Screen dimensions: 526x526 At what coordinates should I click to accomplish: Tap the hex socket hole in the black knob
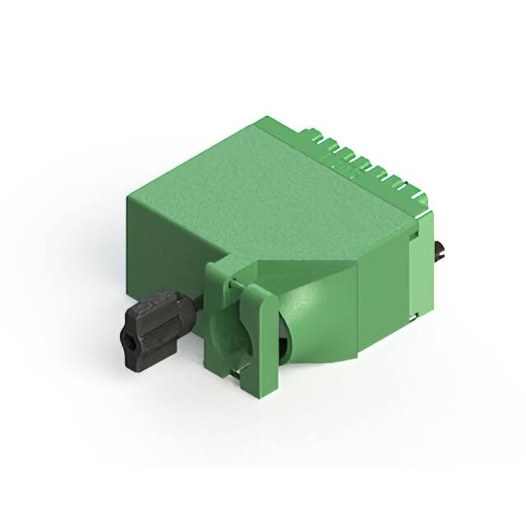[x=130, y=338]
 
